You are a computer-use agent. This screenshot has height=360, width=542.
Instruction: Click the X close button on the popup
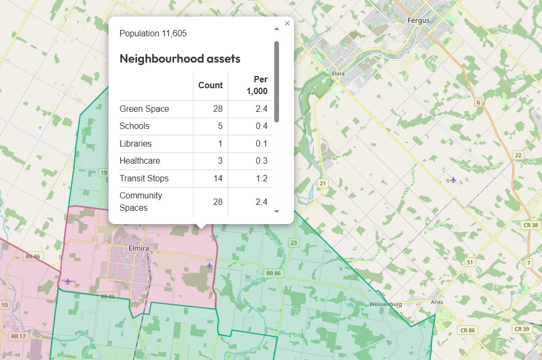(287, 24)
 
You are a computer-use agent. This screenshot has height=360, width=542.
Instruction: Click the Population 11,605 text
(153, 34)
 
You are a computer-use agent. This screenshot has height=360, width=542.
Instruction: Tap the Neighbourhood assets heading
(180, 59)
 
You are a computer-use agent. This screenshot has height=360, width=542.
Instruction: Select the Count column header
(210, 85)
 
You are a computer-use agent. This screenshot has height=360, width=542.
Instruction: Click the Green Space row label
(144, 109)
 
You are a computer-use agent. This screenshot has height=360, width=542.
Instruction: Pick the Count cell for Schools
(218, 126)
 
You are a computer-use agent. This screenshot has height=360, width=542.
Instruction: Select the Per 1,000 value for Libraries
(261, 144)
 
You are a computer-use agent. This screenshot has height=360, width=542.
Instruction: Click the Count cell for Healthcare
(218, 161)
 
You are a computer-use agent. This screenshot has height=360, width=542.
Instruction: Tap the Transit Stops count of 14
(218, 179)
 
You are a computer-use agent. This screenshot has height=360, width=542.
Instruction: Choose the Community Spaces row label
(141, 202)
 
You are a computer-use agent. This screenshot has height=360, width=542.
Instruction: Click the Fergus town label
(419, 21)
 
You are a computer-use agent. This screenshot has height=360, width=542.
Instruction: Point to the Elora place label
(338, 73)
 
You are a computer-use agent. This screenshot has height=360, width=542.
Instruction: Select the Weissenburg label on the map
(385, 304)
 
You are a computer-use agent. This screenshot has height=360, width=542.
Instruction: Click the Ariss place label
(437, 302)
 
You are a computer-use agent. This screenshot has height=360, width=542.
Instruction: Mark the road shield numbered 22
(518, 155)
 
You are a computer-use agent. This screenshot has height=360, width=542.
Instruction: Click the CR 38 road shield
(530, 226)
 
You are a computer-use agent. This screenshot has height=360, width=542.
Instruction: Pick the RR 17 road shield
(18, 336)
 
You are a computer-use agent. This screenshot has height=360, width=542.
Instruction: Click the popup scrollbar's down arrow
(276, 211)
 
